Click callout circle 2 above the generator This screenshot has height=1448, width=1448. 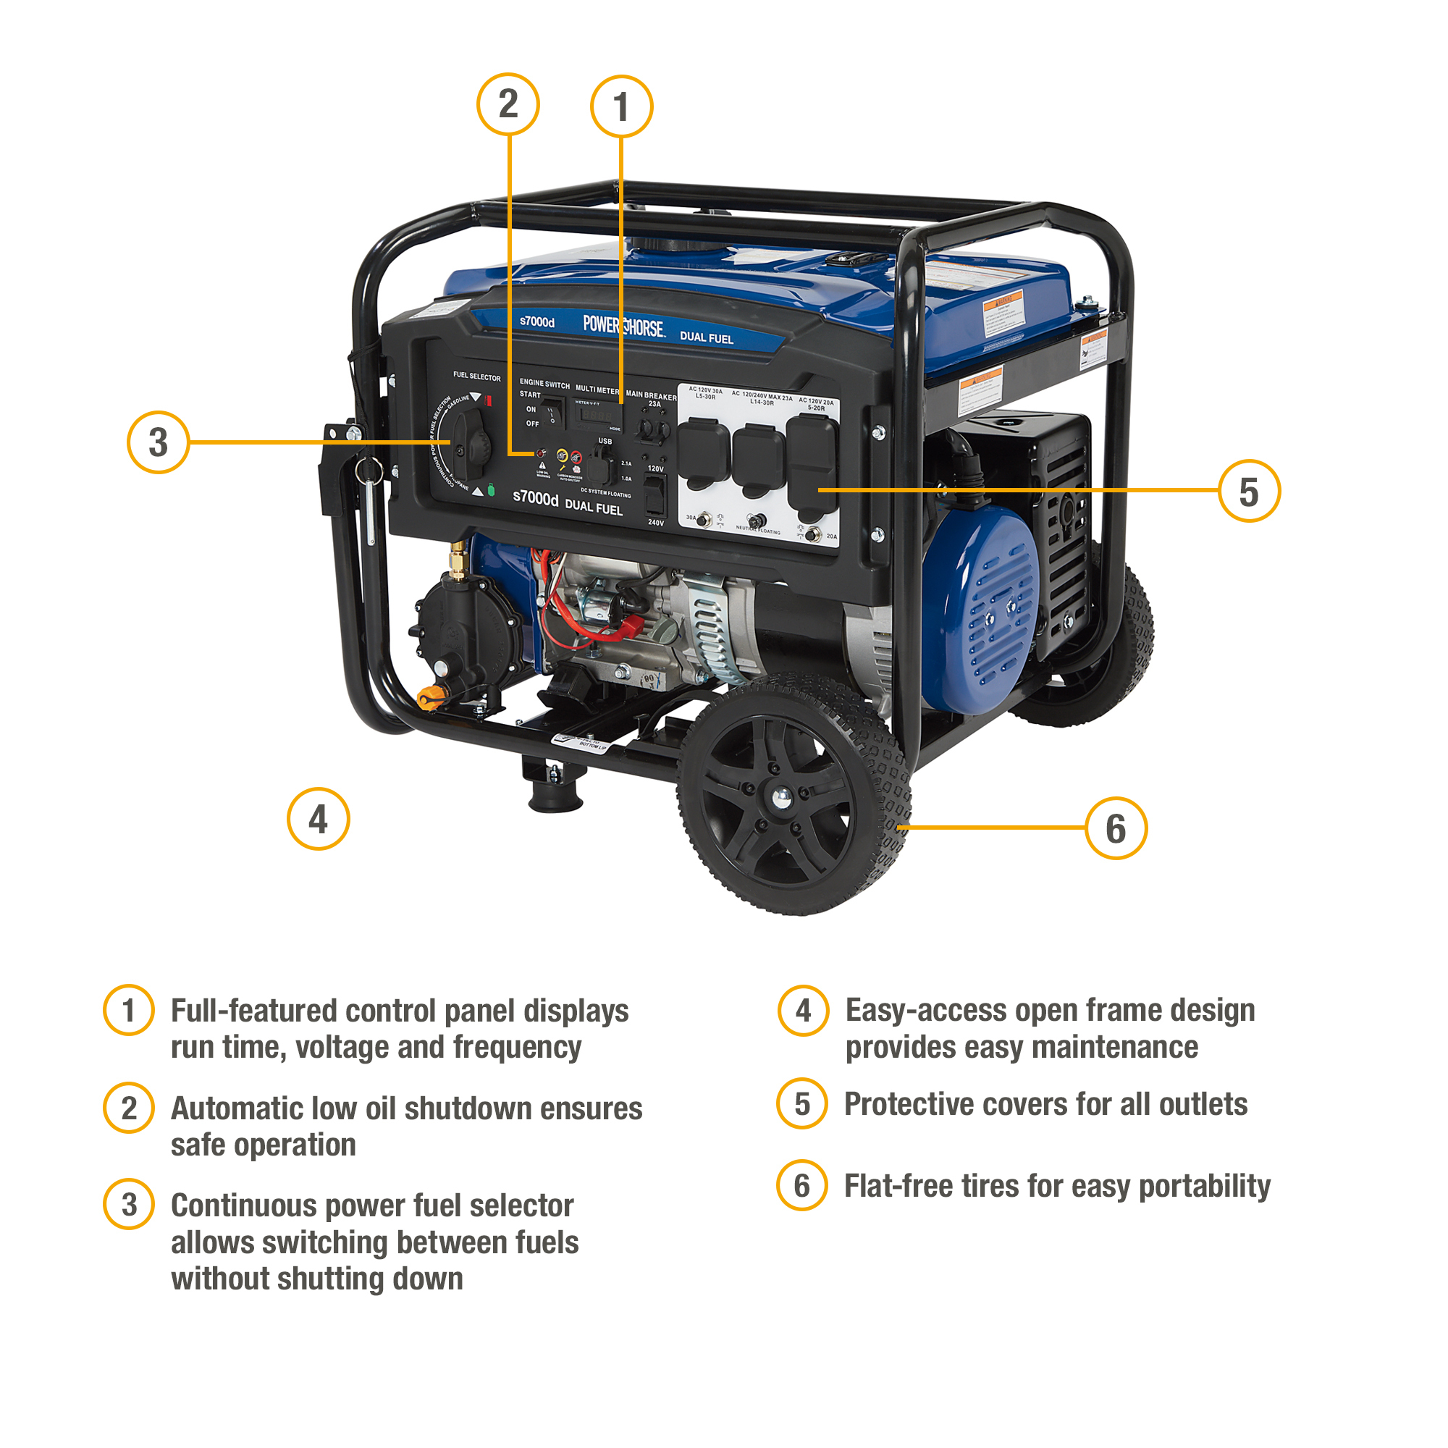(x=508, y=104)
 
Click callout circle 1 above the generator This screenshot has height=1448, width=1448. (x=620, y=106)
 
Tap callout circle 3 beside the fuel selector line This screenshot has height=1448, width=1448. (x=157, y=442)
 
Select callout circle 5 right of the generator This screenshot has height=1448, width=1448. (x=1248, y=492)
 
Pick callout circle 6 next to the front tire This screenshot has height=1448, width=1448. (x=1115, y=828)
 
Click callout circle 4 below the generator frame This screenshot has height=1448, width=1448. (x=318, y=818)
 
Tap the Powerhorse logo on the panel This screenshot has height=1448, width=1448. (x=623, y=326)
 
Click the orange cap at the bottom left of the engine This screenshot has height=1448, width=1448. (x=430, y=697)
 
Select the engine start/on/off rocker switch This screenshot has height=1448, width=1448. (x=553, y=411)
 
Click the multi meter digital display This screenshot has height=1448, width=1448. (x=597, y=415)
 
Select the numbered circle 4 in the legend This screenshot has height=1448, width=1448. (x=803, y=1010)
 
